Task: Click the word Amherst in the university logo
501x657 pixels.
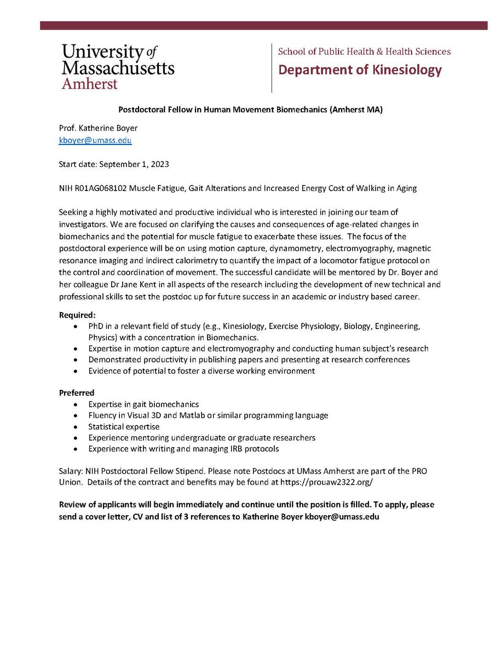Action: (89, 83)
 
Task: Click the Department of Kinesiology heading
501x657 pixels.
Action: (360, 70)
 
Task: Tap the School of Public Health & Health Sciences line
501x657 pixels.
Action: (364, 51)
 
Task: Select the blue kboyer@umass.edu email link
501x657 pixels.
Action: (95, 140)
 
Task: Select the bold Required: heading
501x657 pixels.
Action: (77, 315)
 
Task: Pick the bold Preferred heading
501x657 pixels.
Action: (76, 393)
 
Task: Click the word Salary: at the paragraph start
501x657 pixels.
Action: (72, 471)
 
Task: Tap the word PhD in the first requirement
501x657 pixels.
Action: (96, 326)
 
